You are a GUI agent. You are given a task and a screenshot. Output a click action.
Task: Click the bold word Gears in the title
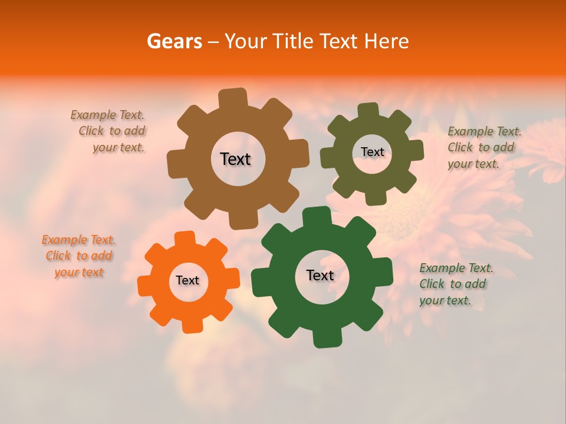(175, 41)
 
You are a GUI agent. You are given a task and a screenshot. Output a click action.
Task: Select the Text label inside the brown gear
(235, 159)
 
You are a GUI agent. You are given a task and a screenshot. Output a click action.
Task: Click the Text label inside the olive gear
(372, 152)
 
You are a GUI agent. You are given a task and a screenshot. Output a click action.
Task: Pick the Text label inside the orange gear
(187, 280)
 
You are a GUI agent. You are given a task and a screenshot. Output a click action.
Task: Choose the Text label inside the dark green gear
(320, 275)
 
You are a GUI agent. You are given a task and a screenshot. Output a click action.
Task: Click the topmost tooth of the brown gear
(232, 98)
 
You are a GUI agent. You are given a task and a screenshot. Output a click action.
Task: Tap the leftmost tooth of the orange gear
(145, 286)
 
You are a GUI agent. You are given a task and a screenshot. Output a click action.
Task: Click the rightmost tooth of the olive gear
(416, 150)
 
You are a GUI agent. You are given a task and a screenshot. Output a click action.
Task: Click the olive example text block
(483, 148)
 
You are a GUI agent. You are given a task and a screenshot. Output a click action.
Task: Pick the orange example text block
(79, 256)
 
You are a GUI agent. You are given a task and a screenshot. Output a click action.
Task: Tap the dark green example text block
(455, 284)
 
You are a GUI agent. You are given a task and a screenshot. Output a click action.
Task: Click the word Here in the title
(387, 41)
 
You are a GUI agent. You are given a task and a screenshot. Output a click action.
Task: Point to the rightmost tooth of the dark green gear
(384, 270)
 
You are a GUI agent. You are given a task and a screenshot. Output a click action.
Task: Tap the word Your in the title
(246, 41)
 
